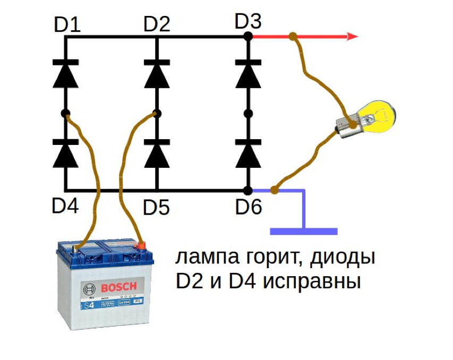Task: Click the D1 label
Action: point(66,24)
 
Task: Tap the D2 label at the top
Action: point(157,24)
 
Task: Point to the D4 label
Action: point(66,206)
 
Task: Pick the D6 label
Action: point(249,207)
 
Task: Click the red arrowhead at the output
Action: point(352,37)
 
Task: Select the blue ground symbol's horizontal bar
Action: point(304,231)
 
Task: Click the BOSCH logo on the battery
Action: point(118,287)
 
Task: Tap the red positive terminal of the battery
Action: point(141,245)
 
